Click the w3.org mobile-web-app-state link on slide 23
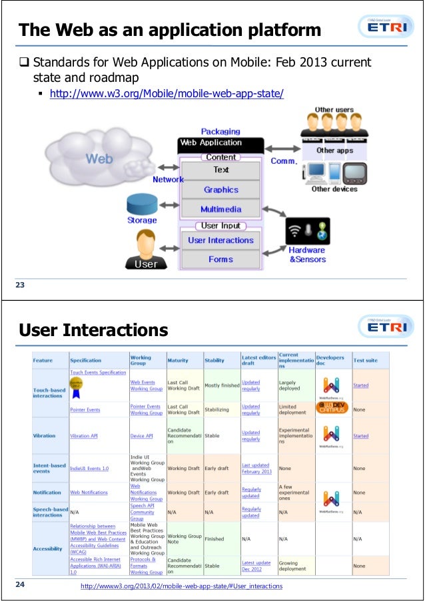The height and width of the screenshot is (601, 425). (167, 93)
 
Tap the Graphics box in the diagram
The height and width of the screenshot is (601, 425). (221, 190)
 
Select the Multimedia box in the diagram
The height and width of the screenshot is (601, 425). (221, 209)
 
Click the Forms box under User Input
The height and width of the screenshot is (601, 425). (220, 259)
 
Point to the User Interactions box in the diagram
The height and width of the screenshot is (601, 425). (220, 240)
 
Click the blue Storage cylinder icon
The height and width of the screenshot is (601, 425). (142, 204)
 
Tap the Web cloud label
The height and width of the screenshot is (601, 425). (100, 160)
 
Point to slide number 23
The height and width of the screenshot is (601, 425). (20, 286)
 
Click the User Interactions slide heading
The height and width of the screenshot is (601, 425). (93, 330)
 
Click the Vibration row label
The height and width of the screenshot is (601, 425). (45, 436)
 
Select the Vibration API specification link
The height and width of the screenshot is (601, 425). (85, 436)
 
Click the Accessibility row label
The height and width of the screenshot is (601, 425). (47, 548)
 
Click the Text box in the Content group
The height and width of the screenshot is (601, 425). (221, 170)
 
